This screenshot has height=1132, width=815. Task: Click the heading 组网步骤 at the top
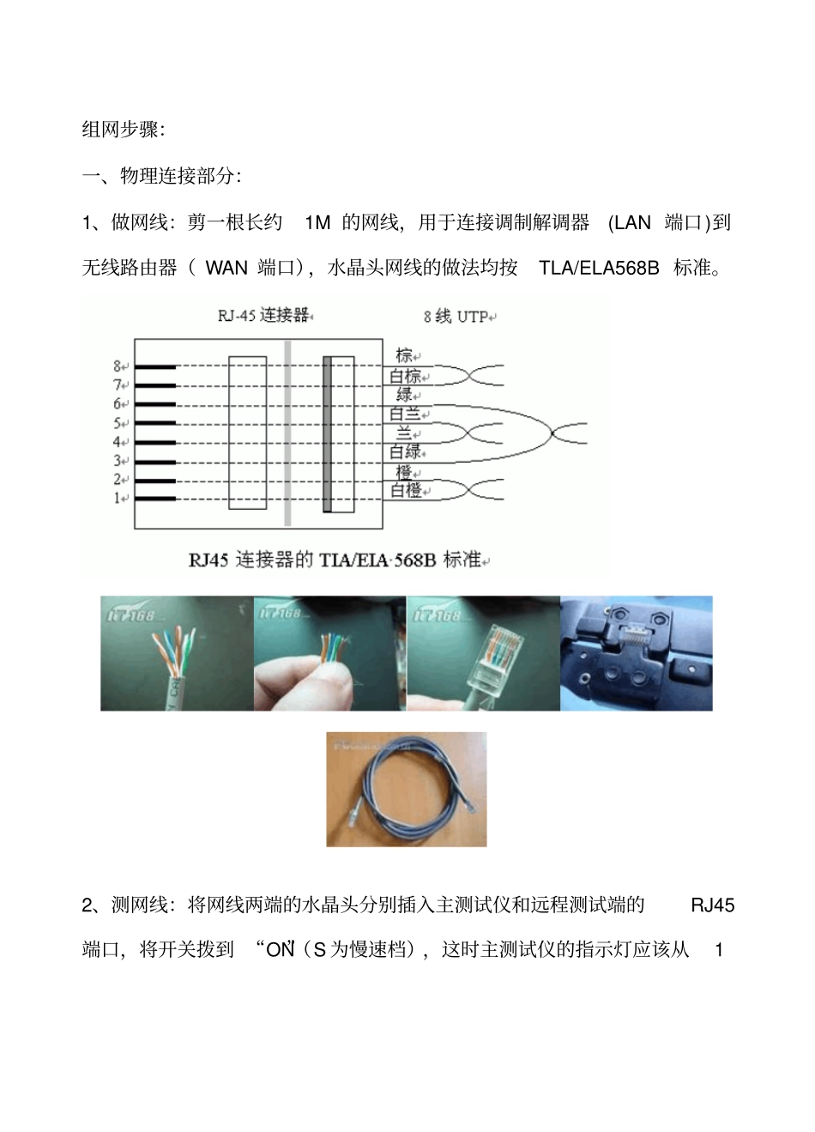pos(119,130)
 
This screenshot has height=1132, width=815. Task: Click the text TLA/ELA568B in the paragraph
pos(599,268)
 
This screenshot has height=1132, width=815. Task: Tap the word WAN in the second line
pos(226,268)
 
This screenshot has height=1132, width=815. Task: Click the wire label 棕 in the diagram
pos(404,355)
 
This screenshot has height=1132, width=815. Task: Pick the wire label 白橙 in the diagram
pos(406,490)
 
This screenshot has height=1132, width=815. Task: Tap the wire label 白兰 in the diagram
pos(405,414)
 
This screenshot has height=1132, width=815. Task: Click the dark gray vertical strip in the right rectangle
pos(327,434)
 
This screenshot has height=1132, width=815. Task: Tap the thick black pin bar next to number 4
pos(154,442)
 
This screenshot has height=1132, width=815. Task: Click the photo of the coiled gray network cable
pos(406,789)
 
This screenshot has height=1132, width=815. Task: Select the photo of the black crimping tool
pos(636,653)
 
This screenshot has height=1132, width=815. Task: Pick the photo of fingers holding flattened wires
pos(329,653)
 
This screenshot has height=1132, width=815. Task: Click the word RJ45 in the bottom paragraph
pos(712,905)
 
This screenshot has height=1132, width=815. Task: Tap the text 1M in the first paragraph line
pos(317,222)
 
